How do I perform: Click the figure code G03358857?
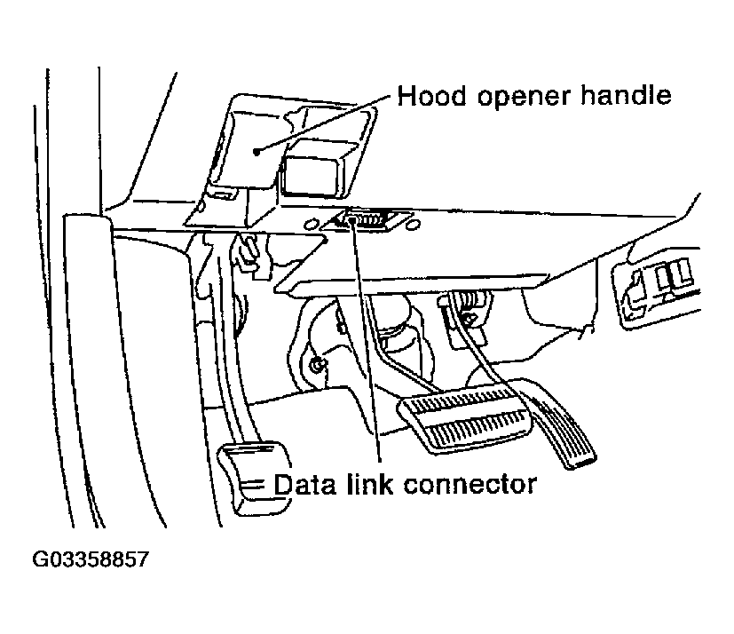point(91,560)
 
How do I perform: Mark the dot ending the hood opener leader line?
point(257,152)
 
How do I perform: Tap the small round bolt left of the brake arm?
point(318,362)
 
